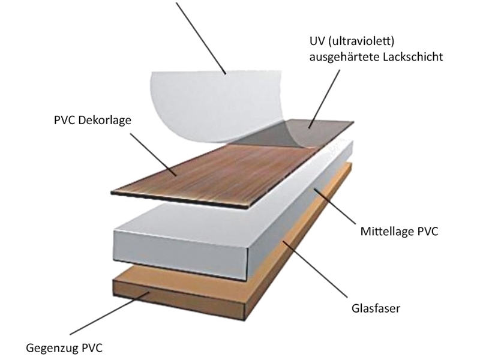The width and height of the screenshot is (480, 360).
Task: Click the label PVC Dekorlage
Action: coord(92,120)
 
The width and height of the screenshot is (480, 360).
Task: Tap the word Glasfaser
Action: coord(376,308)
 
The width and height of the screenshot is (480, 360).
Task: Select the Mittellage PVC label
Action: coord(399,231)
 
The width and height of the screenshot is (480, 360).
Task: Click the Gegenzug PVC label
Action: coord(64,348)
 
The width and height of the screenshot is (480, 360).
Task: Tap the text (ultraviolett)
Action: coord(361,41)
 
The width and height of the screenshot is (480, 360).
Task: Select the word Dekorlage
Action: coord(104,120)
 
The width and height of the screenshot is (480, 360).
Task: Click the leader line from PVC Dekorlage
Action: coord(153,154)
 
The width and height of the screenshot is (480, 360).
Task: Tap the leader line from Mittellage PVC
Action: coord(335,206)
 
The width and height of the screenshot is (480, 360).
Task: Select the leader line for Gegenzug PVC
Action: coord(109,313)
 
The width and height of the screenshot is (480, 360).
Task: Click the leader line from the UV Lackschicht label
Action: coord(324,99)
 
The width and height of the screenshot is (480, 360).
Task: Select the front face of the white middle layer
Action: coord(180,253)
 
